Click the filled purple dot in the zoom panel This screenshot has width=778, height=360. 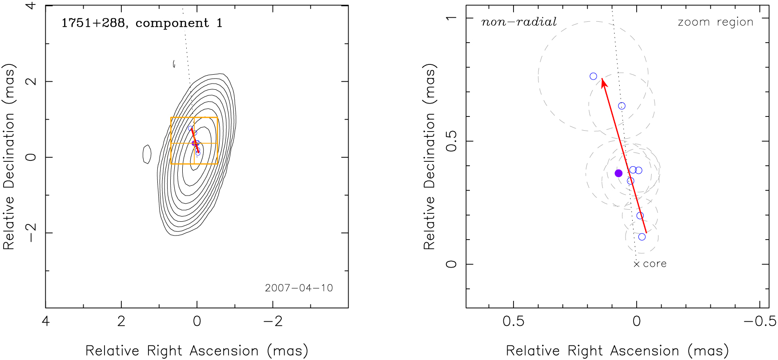point(618,173)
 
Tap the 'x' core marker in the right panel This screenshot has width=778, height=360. point(637,264)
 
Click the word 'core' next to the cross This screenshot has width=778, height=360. point(655,264)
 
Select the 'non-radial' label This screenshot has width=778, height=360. point(519,22)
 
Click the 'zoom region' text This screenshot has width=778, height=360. point(715,22)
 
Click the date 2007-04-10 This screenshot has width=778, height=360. point(299,288)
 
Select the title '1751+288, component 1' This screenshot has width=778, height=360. point(141,23)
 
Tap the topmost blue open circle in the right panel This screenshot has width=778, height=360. point(594,76)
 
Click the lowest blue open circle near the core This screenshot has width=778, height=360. point(642,237)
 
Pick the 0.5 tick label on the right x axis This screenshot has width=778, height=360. point(513,321)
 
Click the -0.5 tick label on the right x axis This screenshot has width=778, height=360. point(760,321)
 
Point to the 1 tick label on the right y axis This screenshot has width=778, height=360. point(451,18)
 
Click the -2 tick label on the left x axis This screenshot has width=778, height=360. point(273,321)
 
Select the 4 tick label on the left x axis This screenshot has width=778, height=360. point(46,321)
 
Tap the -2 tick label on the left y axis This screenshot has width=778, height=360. point(31,233)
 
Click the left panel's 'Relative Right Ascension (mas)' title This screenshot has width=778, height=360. point(197,351)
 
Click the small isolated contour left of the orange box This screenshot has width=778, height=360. point(147,154)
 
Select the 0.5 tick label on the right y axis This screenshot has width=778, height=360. point(451,141)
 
